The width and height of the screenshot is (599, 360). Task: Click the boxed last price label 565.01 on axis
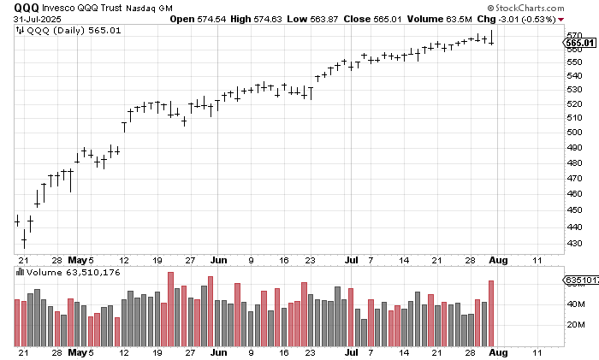tap(579, 42)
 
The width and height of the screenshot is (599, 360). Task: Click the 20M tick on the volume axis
tap(576, 325)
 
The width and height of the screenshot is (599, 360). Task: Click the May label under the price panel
tap(79, 258)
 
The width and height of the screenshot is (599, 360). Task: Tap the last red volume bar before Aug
tap(491, 312)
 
